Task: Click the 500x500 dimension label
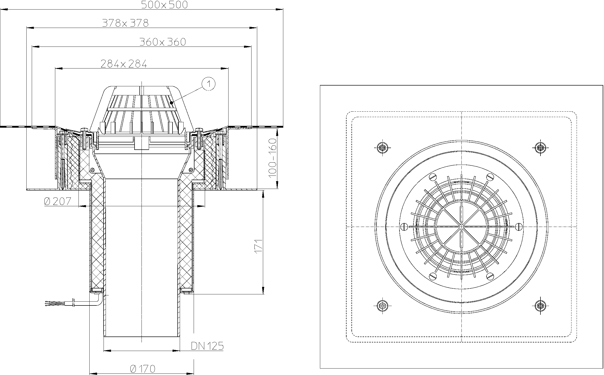pyautogui.click(x=164, y=5)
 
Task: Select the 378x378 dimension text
pyautogui.click(x=125, y=23)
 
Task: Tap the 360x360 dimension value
pyautogui.click(x=163, y=42)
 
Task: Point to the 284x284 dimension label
pyautogui.click(x=124, y=64)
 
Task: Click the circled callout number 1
pyautogui.click(x=209, y=84)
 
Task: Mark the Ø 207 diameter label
pyautogui.click(x=58, y=201)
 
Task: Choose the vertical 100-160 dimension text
pyautogui.click(x=272, y=158)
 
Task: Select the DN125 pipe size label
pyautogui.click(x=207, y=346)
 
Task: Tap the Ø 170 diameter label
pyautogui.click(x=143, y=369)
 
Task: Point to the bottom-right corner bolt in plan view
pyautogui.click(x=540, y=305)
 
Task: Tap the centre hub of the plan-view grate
pyautogui.click(x=461, y=227)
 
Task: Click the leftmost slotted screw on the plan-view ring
pyautogui.click(x=404, y=227)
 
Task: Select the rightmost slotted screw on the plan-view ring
pyautogui.click(x=519, y=227)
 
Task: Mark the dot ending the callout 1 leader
pyautogui.click(x=171, y=103)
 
